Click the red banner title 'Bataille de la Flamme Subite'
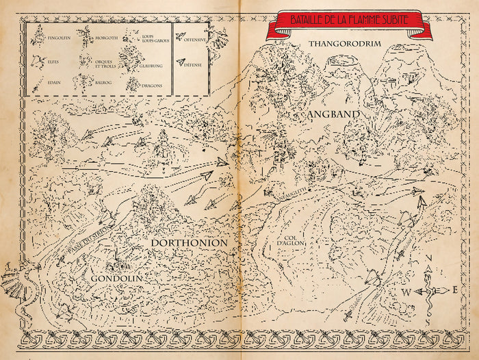(349, 20)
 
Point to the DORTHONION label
(189, 242)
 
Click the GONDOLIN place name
(116, 279)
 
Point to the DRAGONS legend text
(152, 86)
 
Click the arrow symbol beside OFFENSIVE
(181, 38)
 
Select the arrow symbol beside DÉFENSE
(181, 62)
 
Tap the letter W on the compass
(406, 293)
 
